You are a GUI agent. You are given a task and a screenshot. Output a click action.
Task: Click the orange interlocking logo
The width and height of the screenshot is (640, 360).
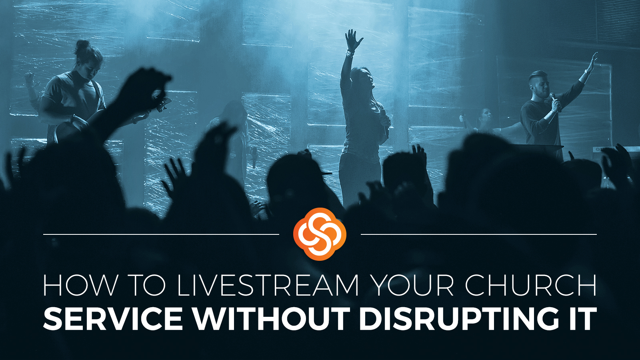(x=320, y=234)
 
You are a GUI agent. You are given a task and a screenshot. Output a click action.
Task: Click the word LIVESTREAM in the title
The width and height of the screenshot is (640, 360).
(x=268, y=286)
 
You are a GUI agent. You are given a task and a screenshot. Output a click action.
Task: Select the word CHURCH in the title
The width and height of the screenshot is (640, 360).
(x=530, y=286)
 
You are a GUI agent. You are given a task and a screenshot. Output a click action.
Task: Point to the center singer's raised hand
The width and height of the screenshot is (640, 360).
(x=353, y=40)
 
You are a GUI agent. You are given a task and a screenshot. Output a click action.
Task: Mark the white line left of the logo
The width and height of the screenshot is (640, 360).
(x=161, y=234)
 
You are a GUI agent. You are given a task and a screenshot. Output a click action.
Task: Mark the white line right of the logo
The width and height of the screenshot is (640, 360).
(x=479, y=234)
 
